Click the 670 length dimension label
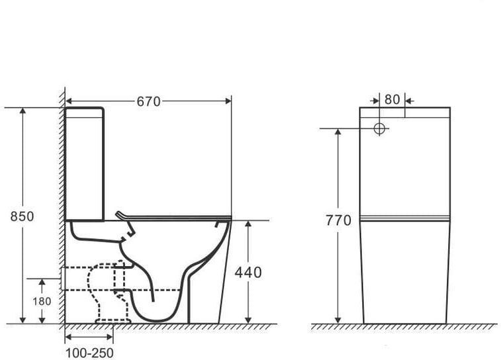pos(148,101)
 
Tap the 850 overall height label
pos(22,216)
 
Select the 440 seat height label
pos(248,273)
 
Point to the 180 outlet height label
pos(42,301)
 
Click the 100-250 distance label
pos(89,353)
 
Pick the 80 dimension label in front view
pos(392,100)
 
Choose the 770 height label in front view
pos(338,220)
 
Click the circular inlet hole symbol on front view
pos(379,129)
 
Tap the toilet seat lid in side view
pos(173,216)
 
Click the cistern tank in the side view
pos(84,164)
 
